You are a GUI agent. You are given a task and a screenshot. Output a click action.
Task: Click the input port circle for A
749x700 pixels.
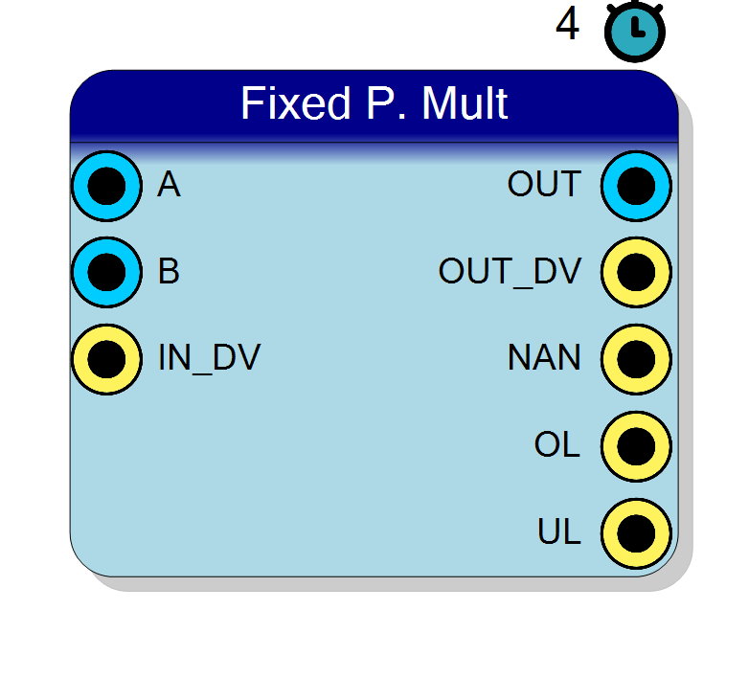pyautogui.click(x=106, y=186)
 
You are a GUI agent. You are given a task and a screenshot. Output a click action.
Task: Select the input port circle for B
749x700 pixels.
pyautogui.click(x=106, y=272)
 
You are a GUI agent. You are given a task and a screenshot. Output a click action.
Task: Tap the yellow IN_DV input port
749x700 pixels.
pyautogui.click(x=106, y=359)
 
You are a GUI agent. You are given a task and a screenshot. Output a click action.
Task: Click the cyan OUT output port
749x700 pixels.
pyautogui.click(x=636, y=186)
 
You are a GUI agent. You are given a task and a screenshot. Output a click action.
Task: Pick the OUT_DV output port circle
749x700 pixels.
pyautogui.click(x=636, y=272)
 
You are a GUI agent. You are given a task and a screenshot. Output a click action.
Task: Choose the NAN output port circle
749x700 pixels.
pyautogui.click(x=636, y=359)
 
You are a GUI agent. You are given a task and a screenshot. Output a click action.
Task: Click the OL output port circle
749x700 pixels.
pyautogui.click(x=636, y=446)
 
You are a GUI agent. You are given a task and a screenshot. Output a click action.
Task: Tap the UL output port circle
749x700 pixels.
pyautogui.click(x=636, y=533)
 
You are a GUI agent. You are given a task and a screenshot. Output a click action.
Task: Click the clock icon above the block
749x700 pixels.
pyautogui.click(x=635, y=32)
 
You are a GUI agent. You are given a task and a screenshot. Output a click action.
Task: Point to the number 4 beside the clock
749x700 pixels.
pyautogui.click(x=567, y=23)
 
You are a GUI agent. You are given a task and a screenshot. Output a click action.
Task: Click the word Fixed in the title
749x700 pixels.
pyautogui.click(x=296, y=102)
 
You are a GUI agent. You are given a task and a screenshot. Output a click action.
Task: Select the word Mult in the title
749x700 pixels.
pyautogui.click(x=465, y=102)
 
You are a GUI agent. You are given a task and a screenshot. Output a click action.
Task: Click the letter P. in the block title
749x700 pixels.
pyautogui.click(x=386, y=102)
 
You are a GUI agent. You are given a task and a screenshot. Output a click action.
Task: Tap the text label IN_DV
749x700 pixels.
pyautogui.click(x=209, y=357)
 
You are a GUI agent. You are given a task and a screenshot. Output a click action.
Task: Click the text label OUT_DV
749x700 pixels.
pyautogui.click(x=510, y=271)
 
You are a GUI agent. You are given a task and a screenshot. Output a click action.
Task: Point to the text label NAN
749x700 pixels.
pyautogui.click(x=545, y=357)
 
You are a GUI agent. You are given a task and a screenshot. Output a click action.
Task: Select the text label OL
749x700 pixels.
pyautogui.click(x=557, y=444)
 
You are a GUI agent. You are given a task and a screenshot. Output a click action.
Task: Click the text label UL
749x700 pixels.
pyautogui.click(x=559, y=531)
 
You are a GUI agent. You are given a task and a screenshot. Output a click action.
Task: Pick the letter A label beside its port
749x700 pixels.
pyautogui.click(x=169, y=184)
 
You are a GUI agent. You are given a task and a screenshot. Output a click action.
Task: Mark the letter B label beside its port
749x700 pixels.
pyautogui.click(x=169, y=271)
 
